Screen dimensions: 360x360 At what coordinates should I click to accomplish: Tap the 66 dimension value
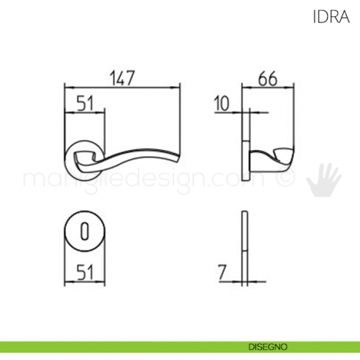coord(269,78)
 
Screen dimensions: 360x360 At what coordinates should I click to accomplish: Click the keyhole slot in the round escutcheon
coord(84,233)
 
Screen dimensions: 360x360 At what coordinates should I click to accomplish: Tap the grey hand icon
coord(322,180)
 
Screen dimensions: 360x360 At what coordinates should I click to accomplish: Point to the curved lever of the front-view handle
coord(139,155)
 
